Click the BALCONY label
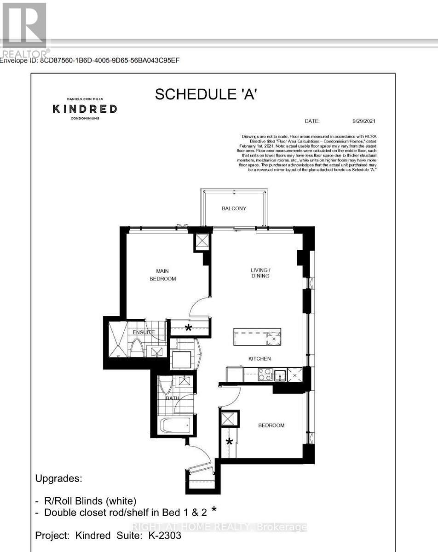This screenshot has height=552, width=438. click(x=234, y=208)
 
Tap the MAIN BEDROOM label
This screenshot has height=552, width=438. click(x=163, y=275)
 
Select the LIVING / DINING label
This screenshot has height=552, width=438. click(x=259, y=272)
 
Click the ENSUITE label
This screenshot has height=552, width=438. click(x=143, y=332)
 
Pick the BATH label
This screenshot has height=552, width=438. click(x=173, y=398)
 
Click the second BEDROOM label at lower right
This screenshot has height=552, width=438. click(x=271, y=425)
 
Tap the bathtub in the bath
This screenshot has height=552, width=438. click(x=175, y=425)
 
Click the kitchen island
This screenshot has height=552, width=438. click(x=257, y=336)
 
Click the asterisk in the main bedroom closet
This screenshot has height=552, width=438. click(x=188, y=328)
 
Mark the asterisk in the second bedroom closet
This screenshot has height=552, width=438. click(x=229, y=442)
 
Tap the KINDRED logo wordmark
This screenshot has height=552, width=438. click(x=85, y=109)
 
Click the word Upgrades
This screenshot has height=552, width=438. click(x=59, y=478)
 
